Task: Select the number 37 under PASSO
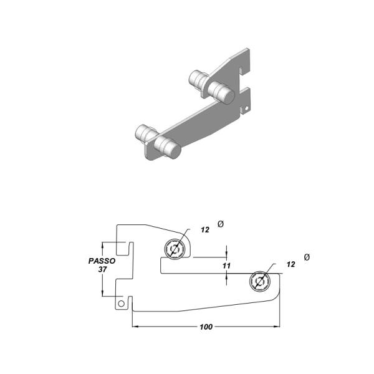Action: pos(102,270)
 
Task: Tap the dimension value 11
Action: pos(227,266)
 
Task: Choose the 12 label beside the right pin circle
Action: pos(290,264)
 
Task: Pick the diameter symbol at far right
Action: pos(306,257)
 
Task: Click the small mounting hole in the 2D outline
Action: pos(123,304)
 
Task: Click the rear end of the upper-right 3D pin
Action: pos(193,79)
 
